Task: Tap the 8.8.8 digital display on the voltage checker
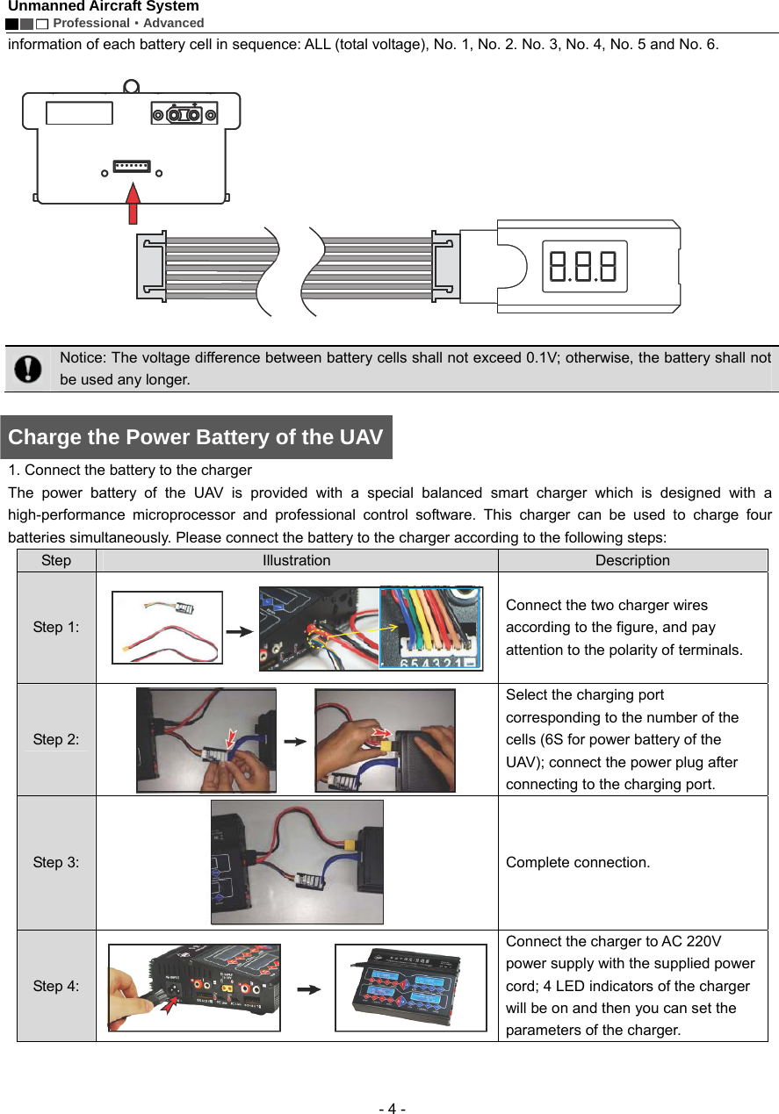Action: (x=582, y=266)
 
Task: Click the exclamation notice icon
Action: (x=28, y=369)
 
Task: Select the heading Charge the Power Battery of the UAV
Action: (x=196, y=437)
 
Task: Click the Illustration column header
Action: (x=297, y=560)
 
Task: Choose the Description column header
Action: (x=632, y=560)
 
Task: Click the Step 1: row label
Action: (x=56, y=628)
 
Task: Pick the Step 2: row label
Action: (x=56, y=740)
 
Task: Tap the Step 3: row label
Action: (x=56, y=862)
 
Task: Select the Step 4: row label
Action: (x=56, y=987)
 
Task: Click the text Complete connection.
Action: (x=578, y=862)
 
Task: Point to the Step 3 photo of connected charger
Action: (x=297, y=862)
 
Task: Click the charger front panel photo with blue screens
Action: (x=410, y=987)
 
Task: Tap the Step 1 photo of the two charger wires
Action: (x=167, y=628)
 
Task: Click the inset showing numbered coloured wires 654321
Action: (x=430, y=628)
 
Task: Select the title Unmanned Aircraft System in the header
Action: (x=104, y=7)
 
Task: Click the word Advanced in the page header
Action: (x=174, y=23)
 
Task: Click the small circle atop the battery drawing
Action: (x=131, y=87)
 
